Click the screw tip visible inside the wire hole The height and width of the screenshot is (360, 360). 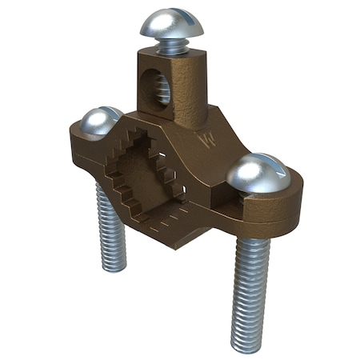pos(162,94)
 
